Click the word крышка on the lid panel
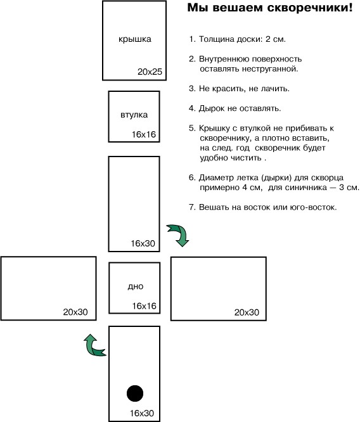tap(135, 39)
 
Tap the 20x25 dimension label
tap(150, 72)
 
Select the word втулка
tap(134, 115)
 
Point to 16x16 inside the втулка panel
tap(144, 134)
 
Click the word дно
tap(136, 286)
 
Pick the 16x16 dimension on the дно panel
tap(144, 306)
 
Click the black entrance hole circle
tap(135, 393)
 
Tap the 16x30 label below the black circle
tap(142, 413)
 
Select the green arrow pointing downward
tap(178, 234)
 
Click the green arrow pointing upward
tap(94, 345)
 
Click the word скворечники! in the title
tap(310, 8)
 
